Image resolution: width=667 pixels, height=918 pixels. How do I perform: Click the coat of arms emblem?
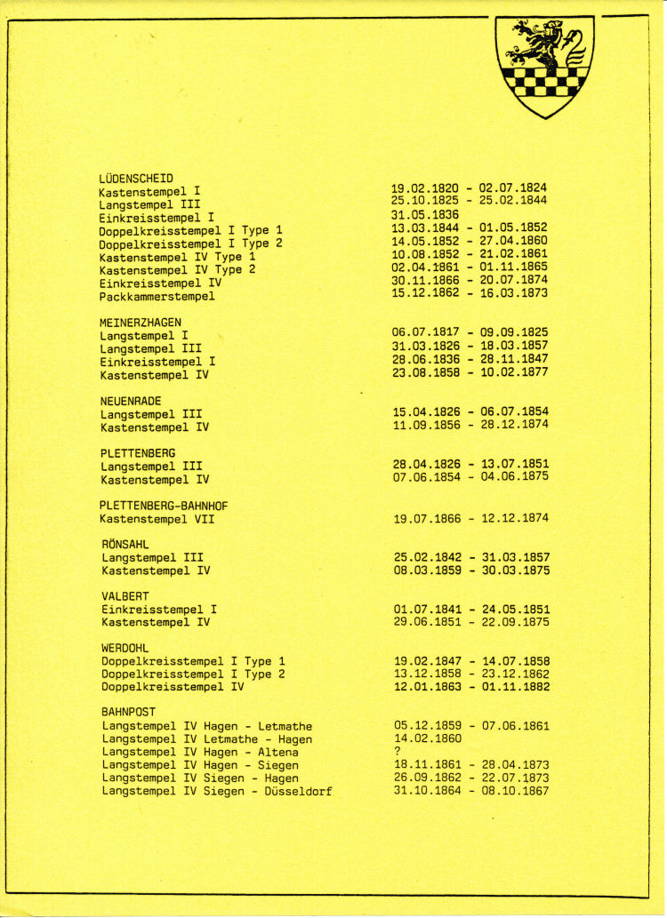(x=542, y=65)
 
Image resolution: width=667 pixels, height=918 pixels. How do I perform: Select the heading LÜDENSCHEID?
(x=136, y=178)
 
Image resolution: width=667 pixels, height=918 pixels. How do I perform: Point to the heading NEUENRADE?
(x=131, y=401)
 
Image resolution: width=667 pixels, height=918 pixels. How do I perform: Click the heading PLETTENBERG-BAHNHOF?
(x=164, y=506)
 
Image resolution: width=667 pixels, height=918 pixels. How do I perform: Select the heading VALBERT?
(x=125, y=596)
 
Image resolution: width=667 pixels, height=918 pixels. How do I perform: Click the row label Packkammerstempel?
(x=157, y=296)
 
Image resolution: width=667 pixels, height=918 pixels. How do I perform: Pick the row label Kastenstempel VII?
(x=157, y=518)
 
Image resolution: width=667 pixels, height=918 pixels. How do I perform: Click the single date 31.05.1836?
(x=425, y=214)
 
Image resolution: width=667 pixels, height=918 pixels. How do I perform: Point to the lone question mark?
(x=397, y=752)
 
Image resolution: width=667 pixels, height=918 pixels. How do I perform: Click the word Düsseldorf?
(x=299, y=791)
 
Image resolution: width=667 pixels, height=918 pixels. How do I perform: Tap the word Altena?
(x=277, y=752)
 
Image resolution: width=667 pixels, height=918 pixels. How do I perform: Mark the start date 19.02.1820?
(x=425, y=188)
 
